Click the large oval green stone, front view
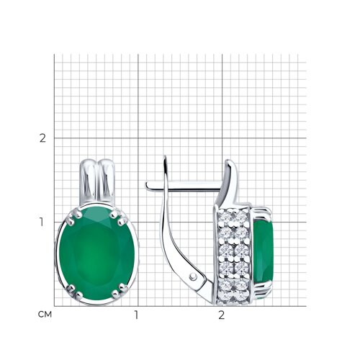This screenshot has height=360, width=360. tap(97, 254)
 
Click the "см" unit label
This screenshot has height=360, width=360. tap(45, 315)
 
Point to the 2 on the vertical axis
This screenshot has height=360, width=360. tap(42, 138)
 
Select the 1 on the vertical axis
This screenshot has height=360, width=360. tap(42, 222)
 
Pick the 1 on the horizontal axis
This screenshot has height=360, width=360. tap(136, 315)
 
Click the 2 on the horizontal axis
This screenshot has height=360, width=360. tap(221, 315)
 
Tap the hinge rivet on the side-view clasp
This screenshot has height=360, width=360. tap(193, 276)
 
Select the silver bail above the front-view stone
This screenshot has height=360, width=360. tap(97, 182)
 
